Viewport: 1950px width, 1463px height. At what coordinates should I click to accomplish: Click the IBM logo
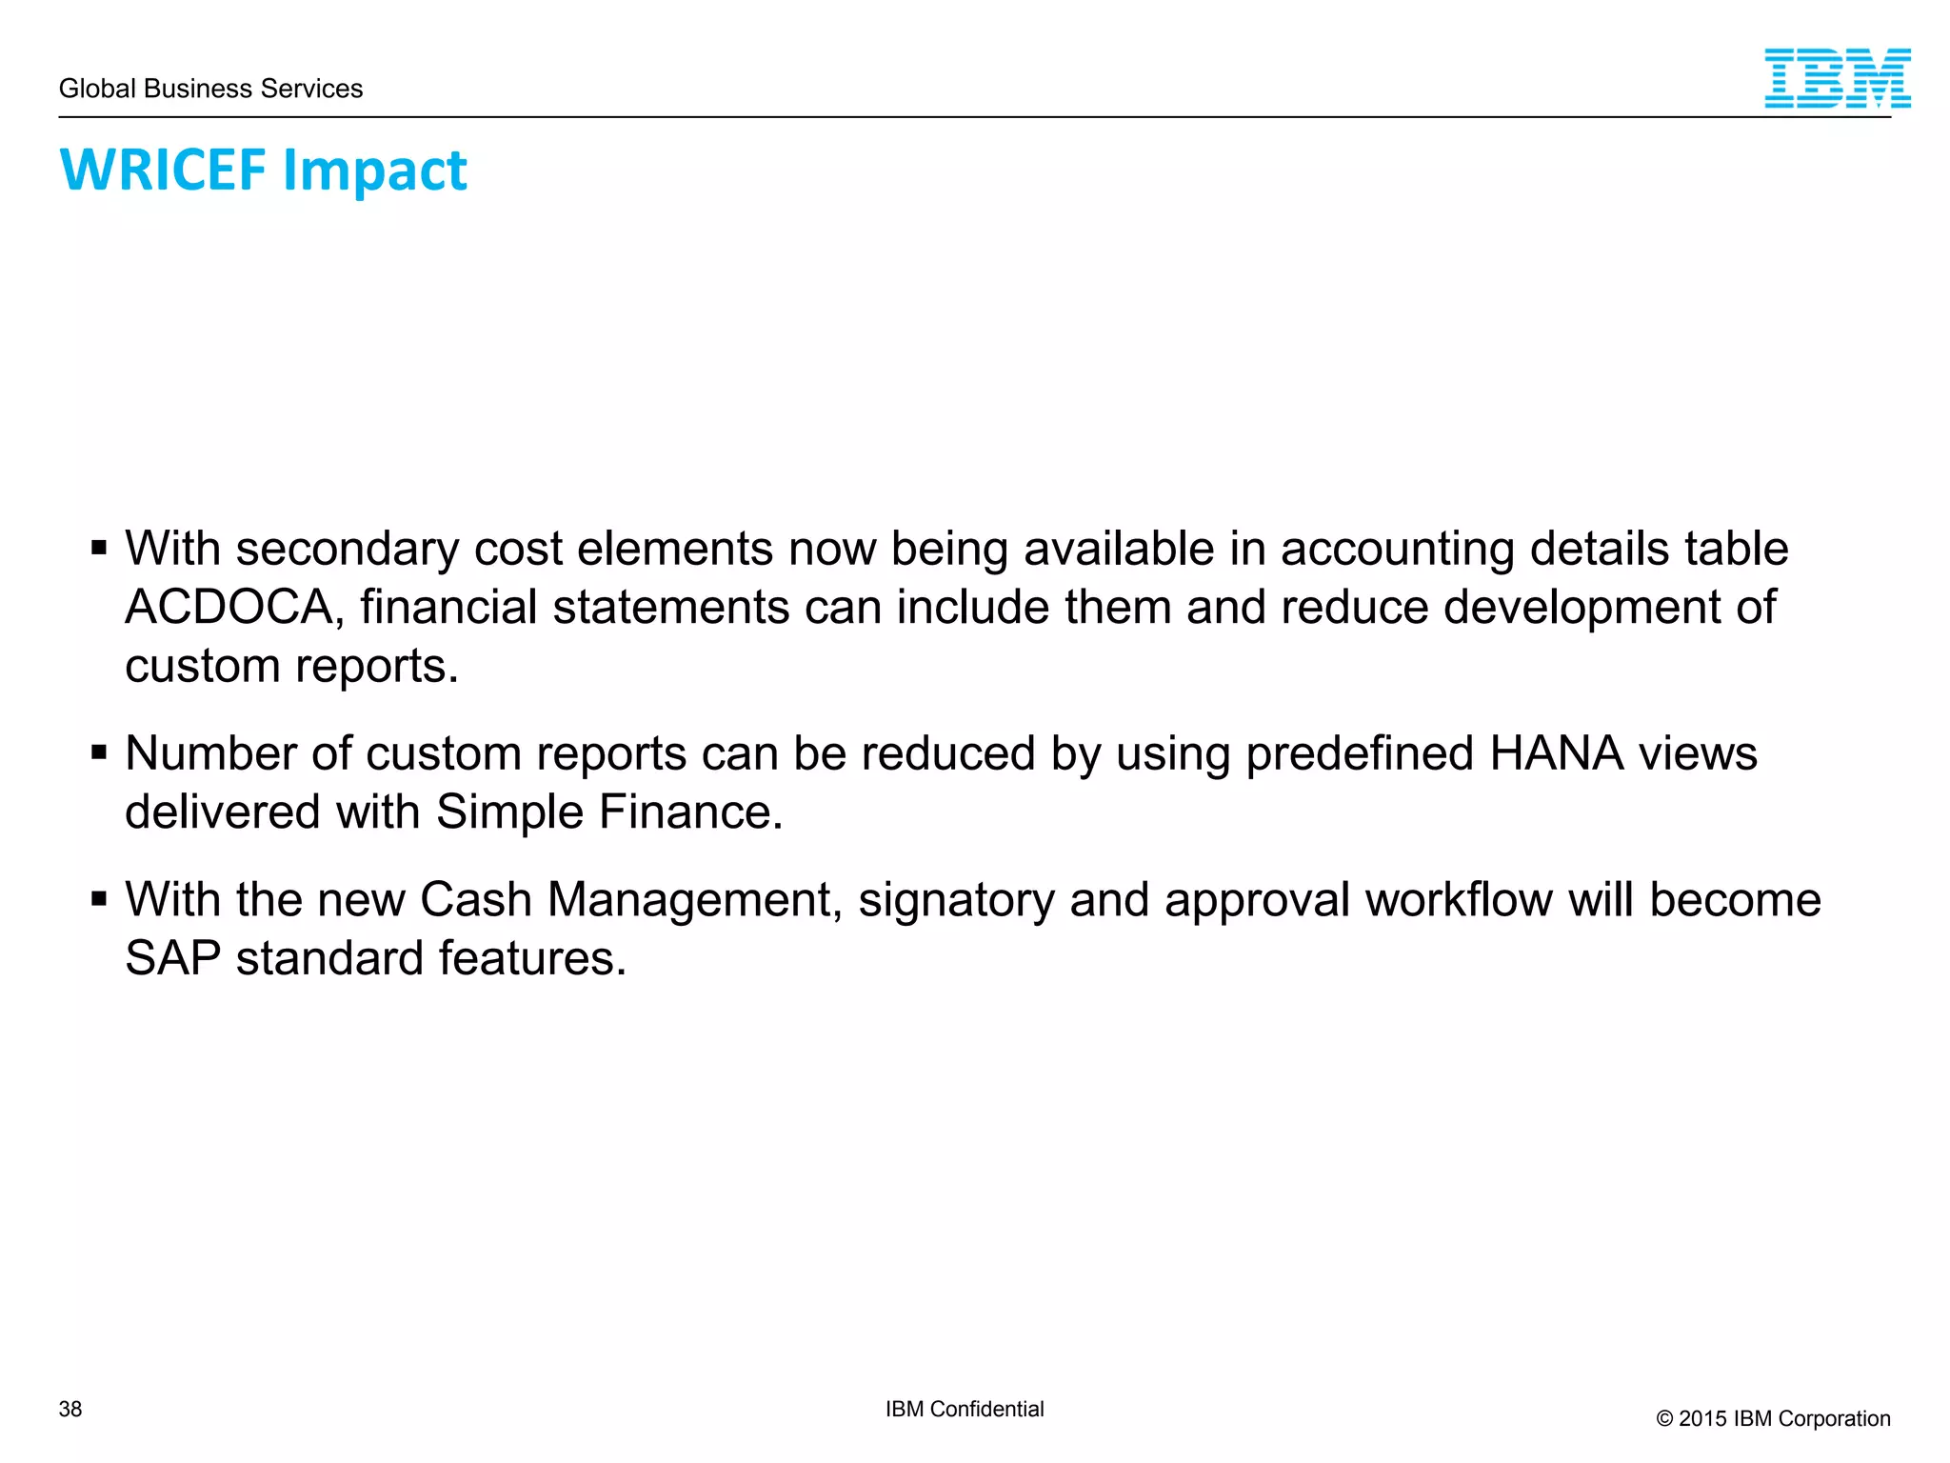pyautogui.click(x=1837, y=78)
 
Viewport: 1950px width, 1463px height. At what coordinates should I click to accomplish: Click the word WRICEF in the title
pyautogui.click(x=163, y=170)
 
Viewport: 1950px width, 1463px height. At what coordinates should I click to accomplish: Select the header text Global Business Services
pyautogui.click(x=210, y=89)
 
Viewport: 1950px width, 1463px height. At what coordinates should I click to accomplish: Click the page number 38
pyautogui.click(x=70, y=1409)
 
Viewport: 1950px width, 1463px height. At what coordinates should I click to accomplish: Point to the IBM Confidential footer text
pyautogui.click(x=964, y=1409)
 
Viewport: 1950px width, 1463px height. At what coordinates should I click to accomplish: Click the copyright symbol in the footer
pyautogui.click(x=1664, y=1419)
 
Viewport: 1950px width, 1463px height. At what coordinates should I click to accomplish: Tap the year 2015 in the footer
pyautogui.click(x=1703, y=1418)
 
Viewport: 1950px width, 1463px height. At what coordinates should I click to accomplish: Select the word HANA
pyautogui.click(x=1557, y=753)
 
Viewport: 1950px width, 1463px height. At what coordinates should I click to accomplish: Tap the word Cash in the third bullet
pyautogui.click(x=475, y=899)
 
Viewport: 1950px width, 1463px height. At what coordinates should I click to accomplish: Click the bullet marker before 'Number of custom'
pyautogui.click(x=99, y=753)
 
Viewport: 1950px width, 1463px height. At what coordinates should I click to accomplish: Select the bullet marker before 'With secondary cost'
pyautogui.click(x=99, y=549)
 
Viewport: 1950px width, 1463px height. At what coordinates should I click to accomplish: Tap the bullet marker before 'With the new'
pyautogui.click(x=99, y=899)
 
